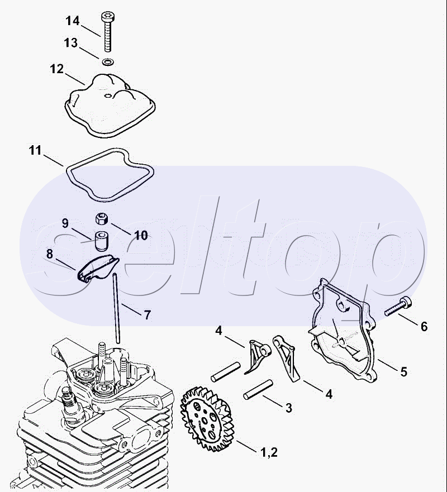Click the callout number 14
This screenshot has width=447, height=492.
(x=73, y=21)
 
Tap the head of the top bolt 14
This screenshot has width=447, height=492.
(x=108, y=16)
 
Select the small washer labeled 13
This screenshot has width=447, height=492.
(x=108, y=62)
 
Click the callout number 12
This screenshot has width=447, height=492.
(x=57, y=69)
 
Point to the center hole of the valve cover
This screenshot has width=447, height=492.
(x=108, y=95)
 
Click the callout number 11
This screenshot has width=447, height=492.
(x=35, y=150)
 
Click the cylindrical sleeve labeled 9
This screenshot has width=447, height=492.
(x=101, y=241)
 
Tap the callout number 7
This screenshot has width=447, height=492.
(x=147, y=315)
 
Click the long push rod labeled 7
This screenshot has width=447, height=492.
(x=116, y=308)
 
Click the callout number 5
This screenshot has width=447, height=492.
(x=403, y=371)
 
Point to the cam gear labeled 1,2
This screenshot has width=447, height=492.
(x=206, y=419)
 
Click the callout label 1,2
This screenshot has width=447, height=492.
(x=269, y=452)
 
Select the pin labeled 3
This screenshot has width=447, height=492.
(x=258, y=390)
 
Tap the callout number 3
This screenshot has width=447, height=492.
(x=289, y=408)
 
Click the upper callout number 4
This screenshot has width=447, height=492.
(x=218, y=331)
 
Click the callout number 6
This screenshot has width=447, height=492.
(x=424, y=327)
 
